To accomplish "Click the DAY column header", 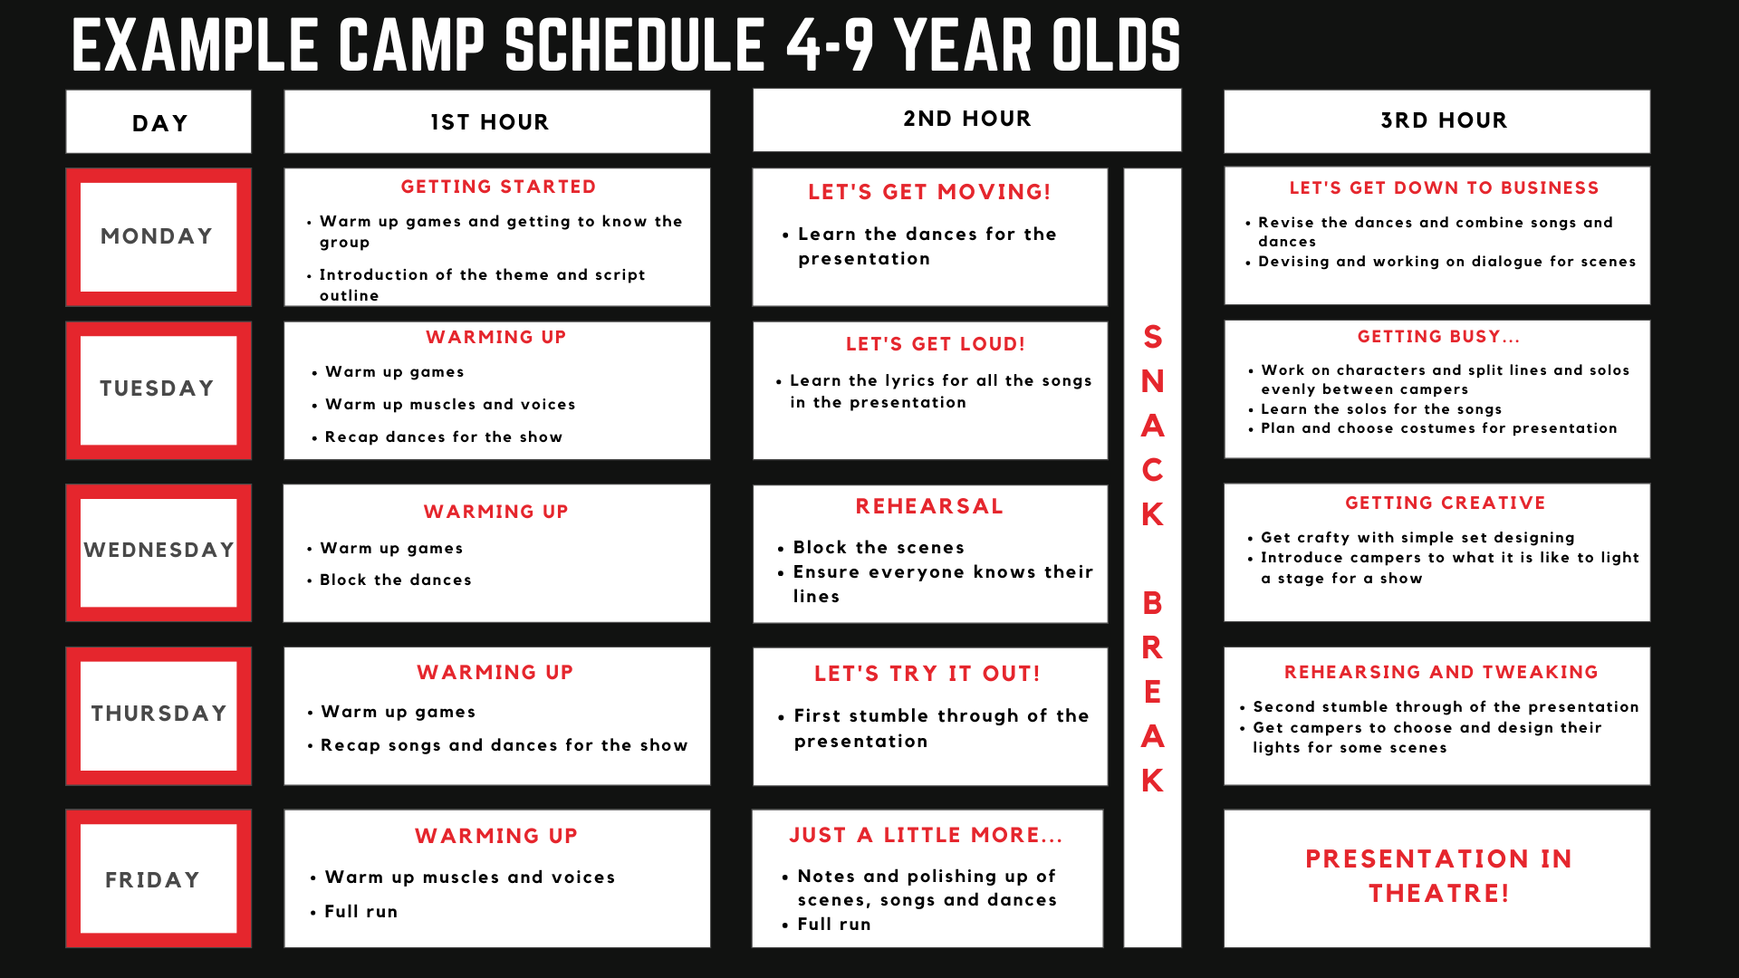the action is pyautogui.click(x=159, y=123).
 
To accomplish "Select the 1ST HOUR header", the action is pyautogui.click(x=490, y=122).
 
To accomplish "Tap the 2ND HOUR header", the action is pyautogui.click(x=967, y=119).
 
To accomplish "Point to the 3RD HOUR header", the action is pyautogui.click(x=1444, y=120).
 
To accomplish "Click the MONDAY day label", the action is pyautogui.click(x=157, y=236).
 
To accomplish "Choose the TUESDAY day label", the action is pyautogui.click(x=157, y=388).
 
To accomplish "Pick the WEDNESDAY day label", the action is pyautogui.click(x=159, y=550).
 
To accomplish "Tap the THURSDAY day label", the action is pyautogui.click(x=159, y=713).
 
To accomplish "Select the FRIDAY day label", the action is pyautogui.click(x=152, y=879).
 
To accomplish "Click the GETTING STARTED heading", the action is pyautogui.click(x=498, y=187).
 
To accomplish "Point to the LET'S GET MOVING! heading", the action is pyautogui.click(x=929, y=192).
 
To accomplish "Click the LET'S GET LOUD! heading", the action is pyautogui.click(x=936, y=344).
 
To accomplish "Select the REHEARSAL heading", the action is pyautogui.click(x=929, y=506).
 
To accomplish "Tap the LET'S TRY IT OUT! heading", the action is pyautogui.click(x=927, y=674).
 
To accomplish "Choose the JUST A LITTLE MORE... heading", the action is pyautogui.click(x=926, y=835).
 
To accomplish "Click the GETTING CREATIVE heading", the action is pyautogui.click(x=1446, y=503).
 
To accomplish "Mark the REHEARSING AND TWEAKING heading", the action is pyautogui.click(x=1441, y=672).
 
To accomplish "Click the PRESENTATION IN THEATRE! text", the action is pyautogui.click(x=1439, y=876).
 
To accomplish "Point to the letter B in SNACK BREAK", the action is pyautogui.click(x=1152, y=603).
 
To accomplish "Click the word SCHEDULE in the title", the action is pyautogui.click(x=635, y=45).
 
